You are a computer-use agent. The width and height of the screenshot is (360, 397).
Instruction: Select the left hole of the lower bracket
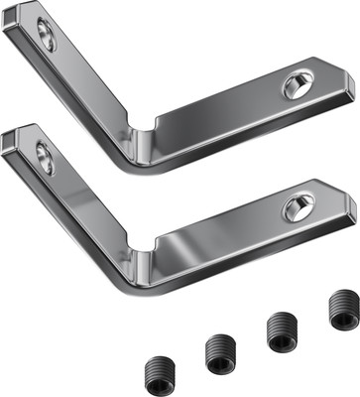[x=46, y=158]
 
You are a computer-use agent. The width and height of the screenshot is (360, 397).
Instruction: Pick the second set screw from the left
[x=219, y=352]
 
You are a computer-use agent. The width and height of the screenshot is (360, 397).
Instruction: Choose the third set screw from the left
[x=282, y=331]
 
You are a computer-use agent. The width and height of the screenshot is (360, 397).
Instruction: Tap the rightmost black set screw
[x=343, y=310]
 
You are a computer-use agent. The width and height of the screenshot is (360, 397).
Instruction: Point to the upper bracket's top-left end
[x=14, y=22]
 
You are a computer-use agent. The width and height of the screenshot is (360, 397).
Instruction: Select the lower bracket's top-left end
[x=14, y=141]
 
